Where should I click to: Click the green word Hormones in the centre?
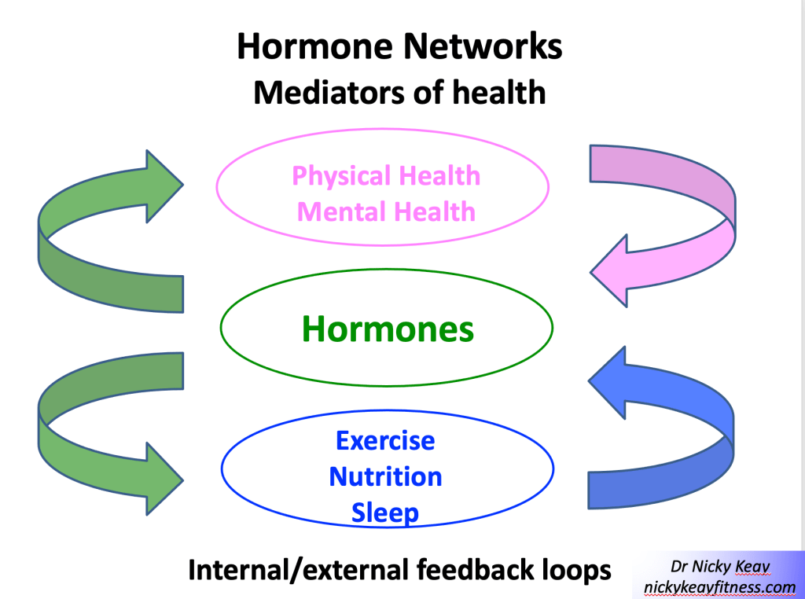coord(388,329)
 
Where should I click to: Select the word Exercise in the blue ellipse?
coord(385,440)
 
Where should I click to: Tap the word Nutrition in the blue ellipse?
coord(385,476)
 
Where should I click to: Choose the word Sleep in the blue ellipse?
coord(385,513)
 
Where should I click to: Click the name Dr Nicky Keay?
coord(720,567)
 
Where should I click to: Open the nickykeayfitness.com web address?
coord(720,586)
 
